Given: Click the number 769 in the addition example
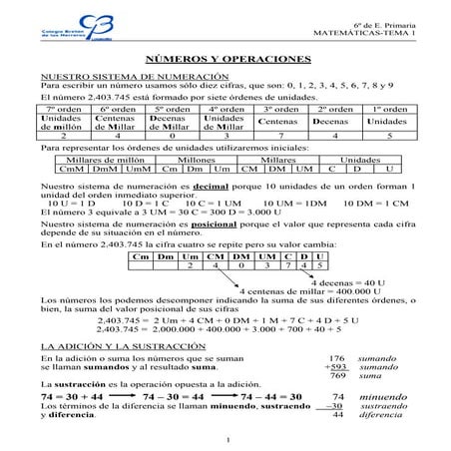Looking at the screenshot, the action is [336, 375].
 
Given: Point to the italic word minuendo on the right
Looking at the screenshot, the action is [379, 396].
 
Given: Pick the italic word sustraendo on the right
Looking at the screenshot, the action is [383, 406].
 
